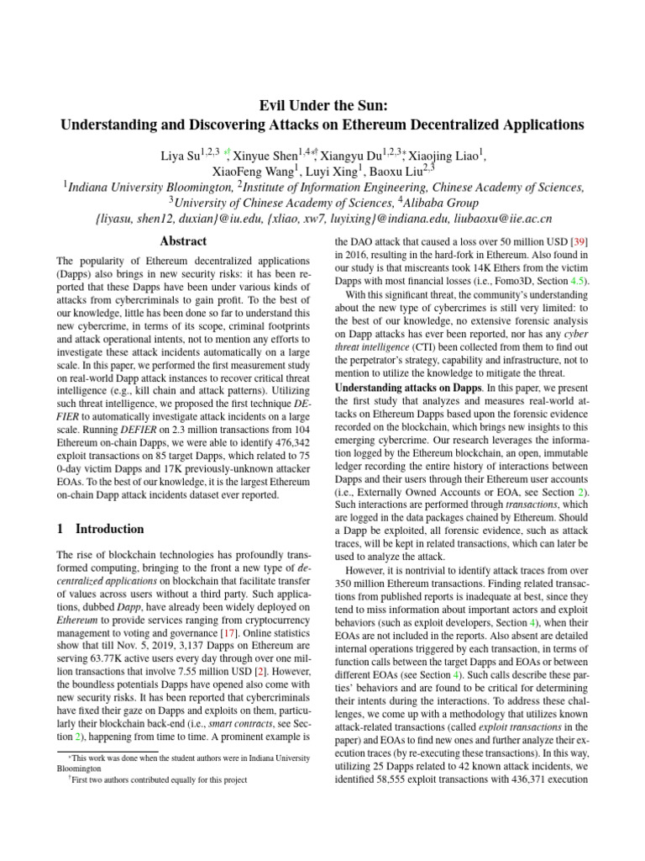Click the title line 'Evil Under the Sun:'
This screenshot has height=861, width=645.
322,106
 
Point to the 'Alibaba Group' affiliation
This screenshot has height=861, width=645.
440,203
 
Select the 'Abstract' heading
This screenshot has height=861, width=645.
183,241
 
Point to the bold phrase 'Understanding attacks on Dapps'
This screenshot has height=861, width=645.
396,387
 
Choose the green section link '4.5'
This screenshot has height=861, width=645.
578,281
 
